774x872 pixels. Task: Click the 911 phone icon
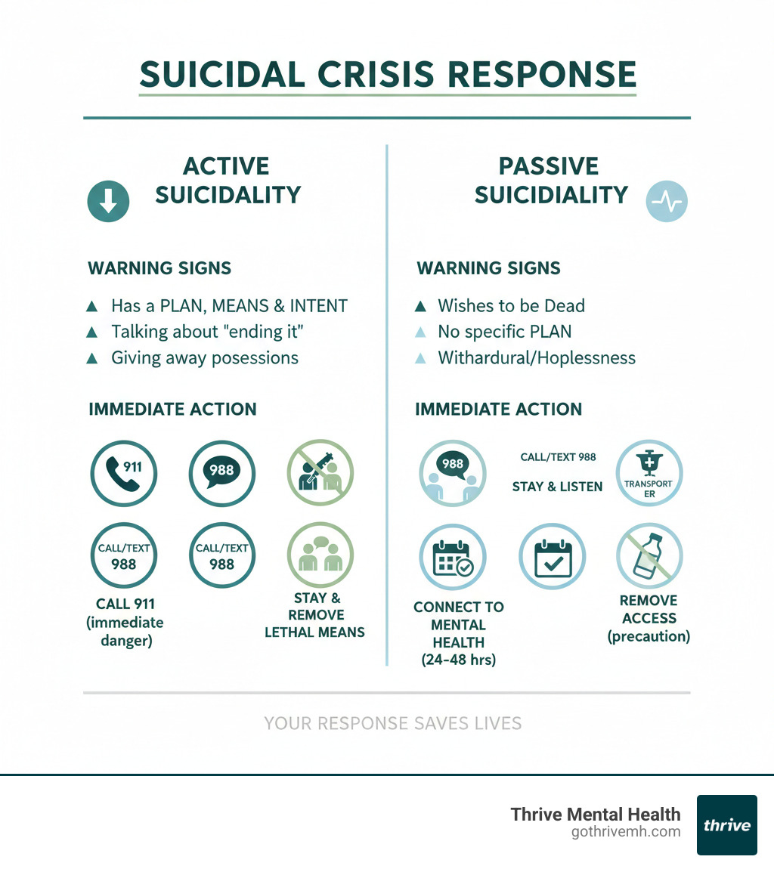pyautogui.click(x=123, y=474)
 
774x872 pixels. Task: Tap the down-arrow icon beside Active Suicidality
pyautogui.click(x=109, y=200)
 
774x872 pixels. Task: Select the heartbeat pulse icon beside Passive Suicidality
pyautogui.click(x=667, y=202)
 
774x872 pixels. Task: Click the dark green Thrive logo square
pyautogui.click(x=726, y=824)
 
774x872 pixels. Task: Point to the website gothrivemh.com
pyautogui.click(x=626, y=832)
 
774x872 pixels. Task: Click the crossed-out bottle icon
pyautogui.click(x=649, y=556)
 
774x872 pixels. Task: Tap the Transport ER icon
pyautogui.click(x=649, y=474)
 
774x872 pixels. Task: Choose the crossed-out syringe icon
pyautogui.click(x=320, y=474)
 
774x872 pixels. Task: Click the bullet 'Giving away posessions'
pyautogui.click(x=204, y=357)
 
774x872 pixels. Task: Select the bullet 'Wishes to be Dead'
pyautogui.click(x=511, y=305)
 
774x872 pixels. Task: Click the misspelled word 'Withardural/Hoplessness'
pyautogui.click(x=537, y=357)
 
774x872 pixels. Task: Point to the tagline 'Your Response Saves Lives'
pyautogui.click(x=392, y=723)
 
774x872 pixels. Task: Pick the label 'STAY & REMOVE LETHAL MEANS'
pyautogui.click(x=314, y=614)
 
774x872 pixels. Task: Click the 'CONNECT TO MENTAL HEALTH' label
pyautogui.click(x=458, y=625)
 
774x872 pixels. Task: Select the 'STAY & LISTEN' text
pyautogui.click(x=557, y=487)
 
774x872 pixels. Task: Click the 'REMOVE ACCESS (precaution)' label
pyautogui.click(x=649, y=618)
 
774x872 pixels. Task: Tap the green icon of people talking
pyautogui.click(x=320, y=556)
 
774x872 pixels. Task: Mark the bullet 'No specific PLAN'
pyautogui.click(x=504, y=331)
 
